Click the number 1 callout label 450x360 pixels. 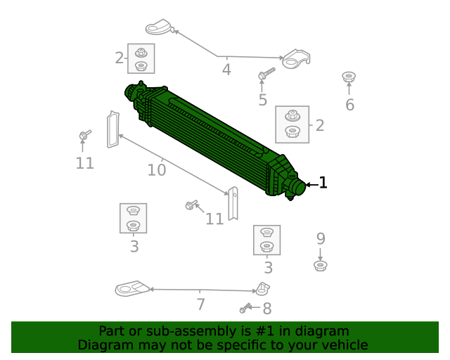(323, 184)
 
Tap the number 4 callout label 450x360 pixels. (226, 70)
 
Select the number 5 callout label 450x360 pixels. (262, 100)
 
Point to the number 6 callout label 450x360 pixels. (349, 105)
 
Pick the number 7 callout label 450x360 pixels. (200, 304)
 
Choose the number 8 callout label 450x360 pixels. (266, 308)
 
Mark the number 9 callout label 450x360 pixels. (321, 238)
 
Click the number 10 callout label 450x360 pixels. (156, 169)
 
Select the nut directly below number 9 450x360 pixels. (321, 266)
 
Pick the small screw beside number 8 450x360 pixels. (246, 308)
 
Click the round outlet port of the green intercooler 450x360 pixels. (297, 187)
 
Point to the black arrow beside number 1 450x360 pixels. (311, 184)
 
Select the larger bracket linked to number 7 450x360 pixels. (132, 289)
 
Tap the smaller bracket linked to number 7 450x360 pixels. (263, 288)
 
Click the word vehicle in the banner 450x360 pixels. (344, 345)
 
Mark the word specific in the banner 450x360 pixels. (257, 345)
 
